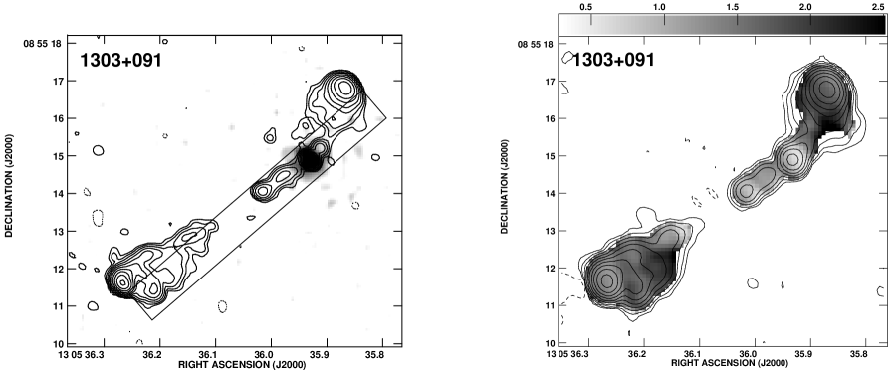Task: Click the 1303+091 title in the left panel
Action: (121, 60)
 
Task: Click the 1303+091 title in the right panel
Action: (613, 60)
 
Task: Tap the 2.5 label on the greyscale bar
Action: (878, 7)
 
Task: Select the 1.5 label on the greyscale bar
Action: (733, 7)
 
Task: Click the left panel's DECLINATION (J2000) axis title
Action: (10, 186)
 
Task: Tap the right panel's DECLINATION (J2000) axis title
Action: (504, 186)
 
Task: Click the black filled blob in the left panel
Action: (310, 159)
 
